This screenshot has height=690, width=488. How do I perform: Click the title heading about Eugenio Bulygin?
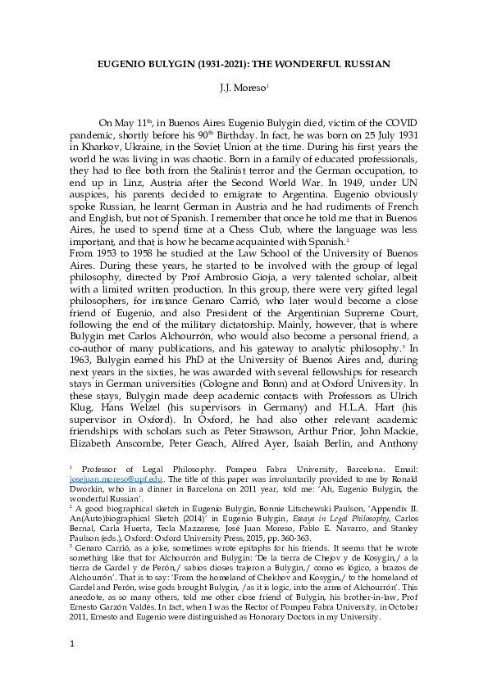pyautogui.click(x=244, y=63)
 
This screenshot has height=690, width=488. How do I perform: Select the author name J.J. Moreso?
pyautogui.click(x=243, y=87)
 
